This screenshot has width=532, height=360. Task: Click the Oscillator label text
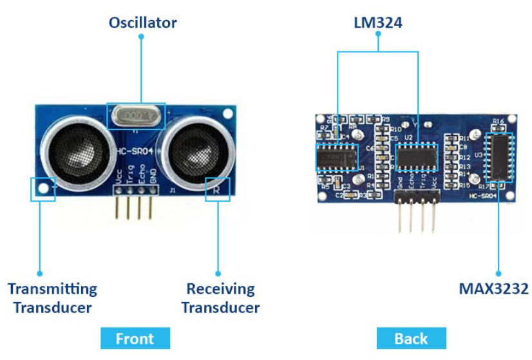142,23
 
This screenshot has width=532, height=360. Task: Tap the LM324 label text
378,23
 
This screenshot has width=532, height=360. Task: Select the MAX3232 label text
493,288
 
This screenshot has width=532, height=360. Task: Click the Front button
135,338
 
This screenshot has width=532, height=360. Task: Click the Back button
411,338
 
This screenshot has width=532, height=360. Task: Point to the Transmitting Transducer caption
52,298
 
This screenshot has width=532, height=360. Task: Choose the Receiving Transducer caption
220,298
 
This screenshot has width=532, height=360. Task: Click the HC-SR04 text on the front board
137,151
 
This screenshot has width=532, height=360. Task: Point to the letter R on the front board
217,189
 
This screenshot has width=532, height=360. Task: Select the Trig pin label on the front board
131,176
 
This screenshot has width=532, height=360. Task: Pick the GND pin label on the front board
153,177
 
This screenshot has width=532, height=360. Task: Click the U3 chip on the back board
499,158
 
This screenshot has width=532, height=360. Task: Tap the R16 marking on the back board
498,121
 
